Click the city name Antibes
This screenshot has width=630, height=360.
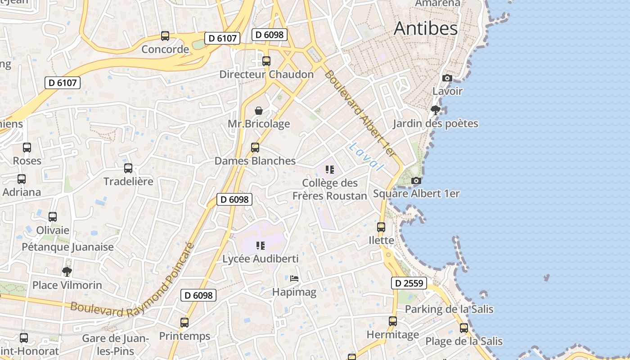click(426, 28)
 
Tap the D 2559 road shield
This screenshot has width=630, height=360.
click(409, 283)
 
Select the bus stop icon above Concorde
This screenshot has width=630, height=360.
click(165, 36)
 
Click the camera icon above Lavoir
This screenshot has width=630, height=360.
click(447, 78)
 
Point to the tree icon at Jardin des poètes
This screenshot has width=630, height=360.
click(435, 110)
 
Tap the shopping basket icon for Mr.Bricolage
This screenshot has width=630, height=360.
click(259, 111)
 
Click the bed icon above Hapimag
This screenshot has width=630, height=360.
click(294, 279)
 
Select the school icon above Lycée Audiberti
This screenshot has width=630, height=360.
click(260, 246)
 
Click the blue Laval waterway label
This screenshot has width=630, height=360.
click(365, 157)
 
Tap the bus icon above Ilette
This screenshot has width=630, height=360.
click(381, 227)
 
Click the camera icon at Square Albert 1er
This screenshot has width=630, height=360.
click(416, 181)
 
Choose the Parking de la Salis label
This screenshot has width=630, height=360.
click(449, 309)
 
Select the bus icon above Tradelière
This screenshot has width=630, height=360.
click(128, 168)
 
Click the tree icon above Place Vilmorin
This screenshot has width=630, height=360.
click(67, 271)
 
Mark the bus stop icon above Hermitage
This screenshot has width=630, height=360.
click(393, 321)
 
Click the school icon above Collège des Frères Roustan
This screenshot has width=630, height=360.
click(330, 170)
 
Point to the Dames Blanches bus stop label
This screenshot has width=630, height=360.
click(255, 161)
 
